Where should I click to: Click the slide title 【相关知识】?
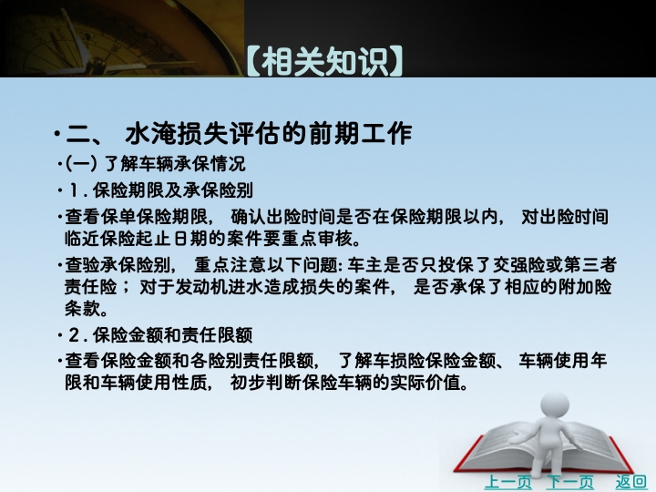[x=324, y=62]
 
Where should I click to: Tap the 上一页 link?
[x=507, y=482]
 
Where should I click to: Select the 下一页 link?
[x=569, y=482]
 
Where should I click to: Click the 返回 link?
[x=630, y=482]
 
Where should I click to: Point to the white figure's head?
[x=555, y=405]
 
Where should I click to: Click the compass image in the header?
[x=122, y=38]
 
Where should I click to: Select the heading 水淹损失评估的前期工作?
[x=269, y=134]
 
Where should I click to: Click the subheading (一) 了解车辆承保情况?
[x=156, y=163]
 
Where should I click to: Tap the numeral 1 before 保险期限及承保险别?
[x=74, y=190]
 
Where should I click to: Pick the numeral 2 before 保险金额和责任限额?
[x=74, y=335]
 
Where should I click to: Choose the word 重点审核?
[x=317, y=239]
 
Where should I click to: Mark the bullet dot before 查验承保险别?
[x=60, y=265]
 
